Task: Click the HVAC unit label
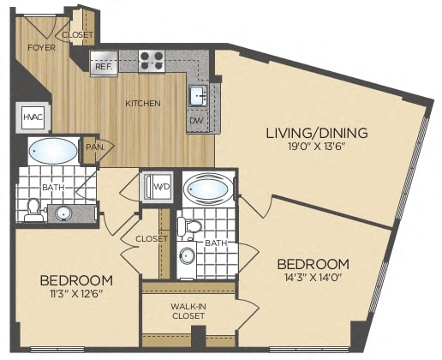pos(33,117)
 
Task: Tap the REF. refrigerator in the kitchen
pos(104,63)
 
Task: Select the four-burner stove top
pos(152,61)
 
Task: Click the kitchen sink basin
pos(198,95)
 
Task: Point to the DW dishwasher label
pos(196,120)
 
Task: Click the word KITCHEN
pos(143,103)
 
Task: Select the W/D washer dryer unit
pos(158,187)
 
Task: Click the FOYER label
pos(41,47)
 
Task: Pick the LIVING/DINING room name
pos(317,133)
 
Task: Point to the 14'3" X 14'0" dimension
pos(314,277)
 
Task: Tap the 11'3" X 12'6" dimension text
pos(75,293)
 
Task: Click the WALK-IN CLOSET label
pos(188,311)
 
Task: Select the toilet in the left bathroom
pos(33,210)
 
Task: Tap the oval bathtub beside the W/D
pos(209,189)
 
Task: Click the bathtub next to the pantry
pos(53,151)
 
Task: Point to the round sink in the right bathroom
pos(188,255)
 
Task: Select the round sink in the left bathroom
pos(63,213)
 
